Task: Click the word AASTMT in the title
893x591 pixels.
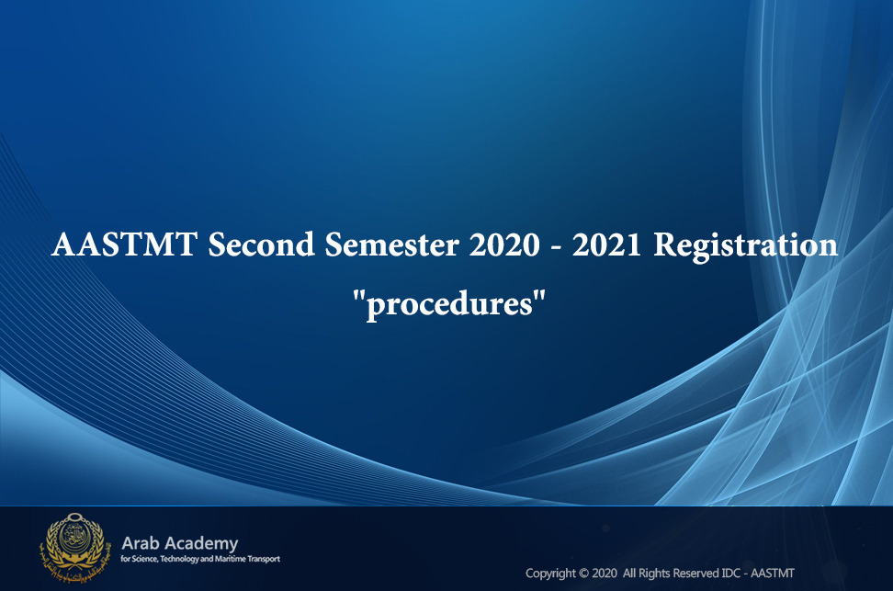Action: tap(125, 245)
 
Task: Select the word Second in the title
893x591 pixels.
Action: tap(262, 245)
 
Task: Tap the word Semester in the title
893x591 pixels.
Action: tap(391, 245)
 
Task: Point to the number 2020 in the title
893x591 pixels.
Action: tap(504, 245)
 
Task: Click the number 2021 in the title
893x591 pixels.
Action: tap(606, 245)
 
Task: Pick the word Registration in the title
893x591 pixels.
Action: tap(745, 246)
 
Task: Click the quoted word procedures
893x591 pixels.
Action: tap(449, 303)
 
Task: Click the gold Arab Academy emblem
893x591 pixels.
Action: tap(74, 547)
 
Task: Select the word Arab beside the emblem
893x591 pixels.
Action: tap(140, 543)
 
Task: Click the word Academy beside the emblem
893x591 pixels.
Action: tap(200, 544)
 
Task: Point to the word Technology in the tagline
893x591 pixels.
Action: tap(179, 559)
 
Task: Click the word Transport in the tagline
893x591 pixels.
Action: tap(264, 559)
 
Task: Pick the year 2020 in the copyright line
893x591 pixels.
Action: tap(605, 574)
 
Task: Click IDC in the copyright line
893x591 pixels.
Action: tap(730, 574)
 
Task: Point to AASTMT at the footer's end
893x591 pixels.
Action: tap(773, 574)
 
